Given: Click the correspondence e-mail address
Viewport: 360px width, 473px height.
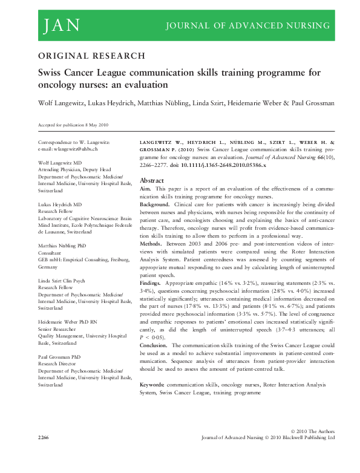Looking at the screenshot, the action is (x=68, y=148).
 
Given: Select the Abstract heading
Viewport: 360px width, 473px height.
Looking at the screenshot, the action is (x=152, y=181).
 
